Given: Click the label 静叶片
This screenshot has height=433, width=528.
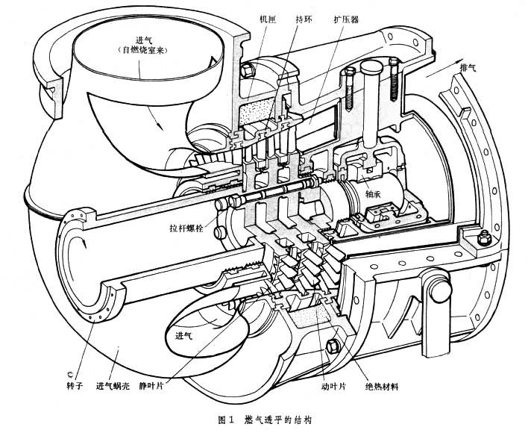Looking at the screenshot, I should click(173, 386).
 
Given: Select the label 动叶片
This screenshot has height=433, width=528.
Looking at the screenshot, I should click(318, 386).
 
